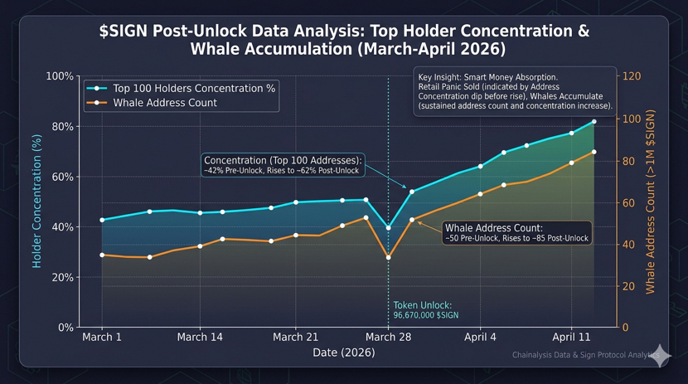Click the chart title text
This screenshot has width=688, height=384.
pyautogui.click(x=343, y=40)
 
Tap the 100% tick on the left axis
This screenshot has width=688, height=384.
pyautogui.click(x=59, y=76)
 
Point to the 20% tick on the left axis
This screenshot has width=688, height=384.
pyautogui.click(x=61, y=278)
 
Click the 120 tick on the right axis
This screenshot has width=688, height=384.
pyautogui.click(x=632, y=76)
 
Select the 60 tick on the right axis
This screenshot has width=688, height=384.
pyautogui.click(x=628, y=202)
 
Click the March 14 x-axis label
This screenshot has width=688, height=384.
pyautogui.click(x=200, y=338)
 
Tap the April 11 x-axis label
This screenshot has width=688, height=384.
pyautogui.click(x=572, y=338)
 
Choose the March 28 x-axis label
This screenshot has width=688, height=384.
pyautogui.click(x=388, y=338)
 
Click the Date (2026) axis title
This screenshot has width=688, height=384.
pyautogui.click(x=343, y=353)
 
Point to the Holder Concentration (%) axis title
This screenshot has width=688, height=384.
pyautogui.click(x=37, y=202)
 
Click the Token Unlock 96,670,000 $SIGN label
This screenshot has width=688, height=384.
pyautogui.click(x=425, y=310)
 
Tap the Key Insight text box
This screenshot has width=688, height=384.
pyautogui.click(x=515, y=91)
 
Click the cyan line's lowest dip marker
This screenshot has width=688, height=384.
pyautogui.click(x=388, y=227)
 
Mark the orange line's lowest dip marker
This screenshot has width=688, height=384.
pyautogui.click(x=388, y=258)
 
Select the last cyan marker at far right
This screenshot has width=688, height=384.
pyautogui.click(x=594, y=122)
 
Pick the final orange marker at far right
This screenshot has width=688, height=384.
pyautogui.click(x=594, y=152)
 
